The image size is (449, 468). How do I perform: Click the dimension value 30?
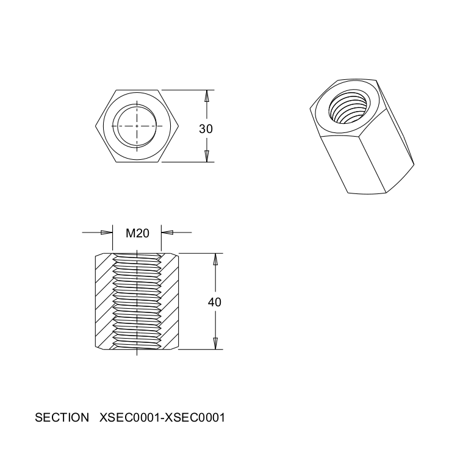coord(206,129)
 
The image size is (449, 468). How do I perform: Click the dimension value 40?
coord(215,303)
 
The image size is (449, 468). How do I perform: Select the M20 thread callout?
coord(137,233)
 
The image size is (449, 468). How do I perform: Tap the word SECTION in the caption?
coord(62,417)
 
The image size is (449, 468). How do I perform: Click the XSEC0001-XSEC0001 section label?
coord(162,417)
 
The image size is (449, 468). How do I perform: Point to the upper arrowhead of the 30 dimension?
coord(206,96)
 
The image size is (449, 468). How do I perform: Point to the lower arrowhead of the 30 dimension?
coord(206,156)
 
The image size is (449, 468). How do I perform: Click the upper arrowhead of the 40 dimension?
coord(215,259)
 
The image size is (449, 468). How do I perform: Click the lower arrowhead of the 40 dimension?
coord(215,344)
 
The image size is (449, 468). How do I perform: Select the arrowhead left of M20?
coord(107,232)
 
